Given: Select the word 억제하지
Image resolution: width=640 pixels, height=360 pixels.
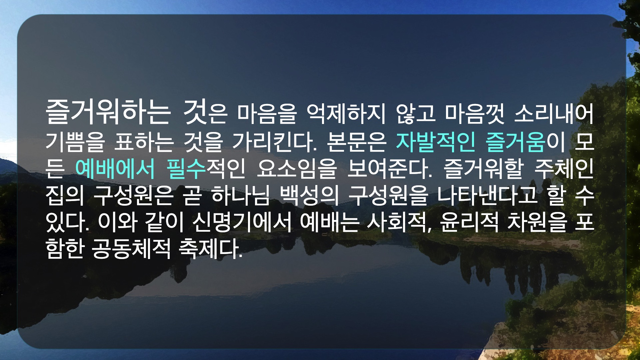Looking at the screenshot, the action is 346,114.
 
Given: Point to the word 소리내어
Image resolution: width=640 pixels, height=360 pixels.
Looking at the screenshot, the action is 554,114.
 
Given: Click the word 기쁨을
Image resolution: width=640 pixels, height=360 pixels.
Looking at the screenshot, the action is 75,142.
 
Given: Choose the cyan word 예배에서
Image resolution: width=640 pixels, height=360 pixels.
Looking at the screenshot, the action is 115,169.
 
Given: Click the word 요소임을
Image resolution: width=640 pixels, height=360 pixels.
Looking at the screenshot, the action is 297,169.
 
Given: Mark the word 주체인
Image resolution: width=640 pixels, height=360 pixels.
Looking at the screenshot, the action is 564,169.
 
